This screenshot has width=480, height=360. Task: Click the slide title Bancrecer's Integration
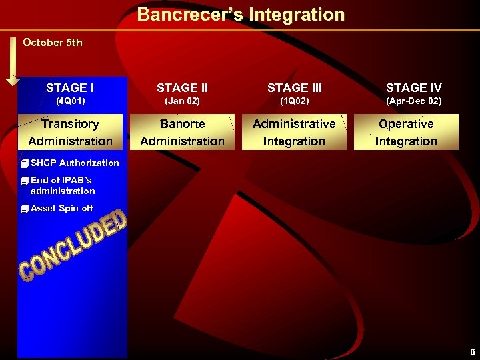(x=241, y=15)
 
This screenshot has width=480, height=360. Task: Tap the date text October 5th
(x=53, y=43)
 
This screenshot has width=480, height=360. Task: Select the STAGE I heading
(x=70, y=88)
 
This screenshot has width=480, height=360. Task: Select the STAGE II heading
(x=182, y=88)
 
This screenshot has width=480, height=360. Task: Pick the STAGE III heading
(x=293, y=88)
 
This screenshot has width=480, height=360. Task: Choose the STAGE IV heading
(x=413, y=88)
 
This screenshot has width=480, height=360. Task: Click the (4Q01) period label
(x=70, y=101)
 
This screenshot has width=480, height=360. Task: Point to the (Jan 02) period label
(x=182, y=101)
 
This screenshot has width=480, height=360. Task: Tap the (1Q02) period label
(x=293, y=101)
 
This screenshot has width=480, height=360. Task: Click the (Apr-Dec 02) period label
(x=413, y=101)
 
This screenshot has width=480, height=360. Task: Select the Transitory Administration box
(x=71, y=132)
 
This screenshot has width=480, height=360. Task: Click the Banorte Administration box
(x=182, y=132)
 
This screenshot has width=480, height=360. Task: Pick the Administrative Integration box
(x=294, y=132)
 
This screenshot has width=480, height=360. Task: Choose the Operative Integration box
(x=406, y=132)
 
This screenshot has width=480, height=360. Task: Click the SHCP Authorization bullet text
(x=74, y=163)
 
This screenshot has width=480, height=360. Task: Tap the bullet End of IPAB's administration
(x=62, y=185)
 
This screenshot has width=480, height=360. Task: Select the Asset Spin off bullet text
(x=61, y=208)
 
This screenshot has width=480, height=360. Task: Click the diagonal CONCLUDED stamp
(x=72, y=246)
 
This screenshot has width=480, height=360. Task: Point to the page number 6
(x=472, y=352)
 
